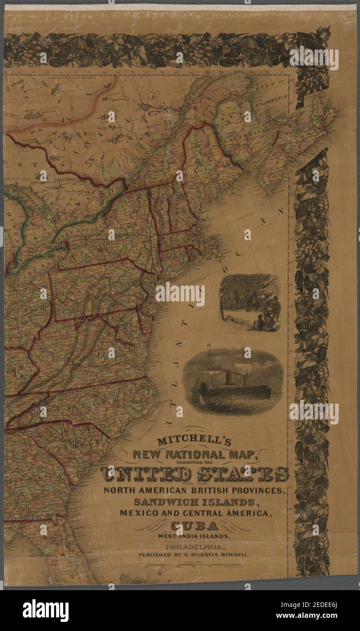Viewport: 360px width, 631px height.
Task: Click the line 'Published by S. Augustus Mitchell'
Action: pyautogui.click(x=195, y=555)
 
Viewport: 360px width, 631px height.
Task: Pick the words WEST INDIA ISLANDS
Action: pyautogui.click(x=194, y=536)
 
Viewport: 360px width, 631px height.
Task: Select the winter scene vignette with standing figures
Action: pyautogui.click(x=250, y=302)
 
